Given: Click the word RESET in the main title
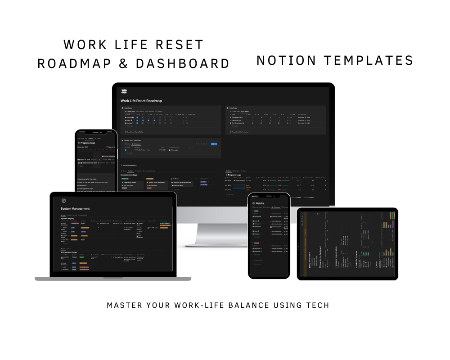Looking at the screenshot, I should [180, 45].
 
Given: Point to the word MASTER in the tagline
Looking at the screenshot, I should [122, 305].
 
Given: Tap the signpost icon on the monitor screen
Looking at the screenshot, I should [124, 92].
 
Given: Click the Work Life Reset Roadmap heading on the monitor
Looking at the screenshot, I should [141, 101].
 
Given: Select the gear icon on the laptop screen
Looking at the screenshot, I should [63, 201].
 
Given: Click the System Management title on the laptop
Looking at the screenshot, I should [75, 208].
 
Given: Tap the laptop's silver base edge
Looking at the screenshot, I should [113, 279].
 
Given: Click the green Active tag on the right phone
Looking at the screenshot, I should [256, 211].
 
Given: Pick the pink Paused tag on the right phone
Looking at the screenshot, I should [257, 243].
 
